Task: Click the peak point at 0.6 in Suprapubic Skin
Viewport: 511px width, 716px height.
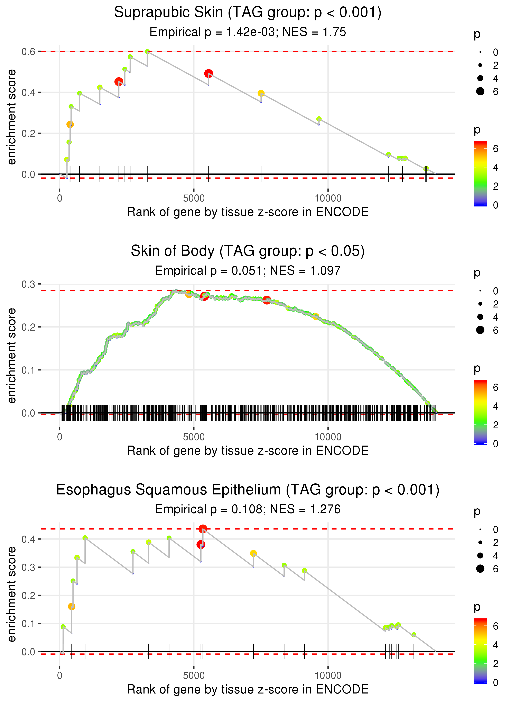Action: [x=147, y=52]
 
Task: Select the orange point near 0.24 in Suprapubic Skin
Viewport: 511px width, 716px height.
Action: [x=70, y=124]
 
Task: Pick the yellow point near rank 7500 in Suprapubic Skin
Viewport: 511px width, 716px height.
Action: [x=261, y=93]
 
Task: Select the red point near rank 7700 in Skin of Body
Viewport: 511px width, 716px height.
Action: [x=267, y=300]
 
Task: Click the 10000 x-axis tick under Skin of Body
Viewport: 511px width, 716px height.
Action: [x=328, y=437]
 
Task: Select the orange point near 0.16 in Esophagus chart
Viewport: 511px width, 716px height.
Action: [x=72, y=606]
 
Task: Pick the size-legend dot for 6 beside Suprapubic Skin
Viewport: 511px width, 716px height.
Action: [x=480, y=91]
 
